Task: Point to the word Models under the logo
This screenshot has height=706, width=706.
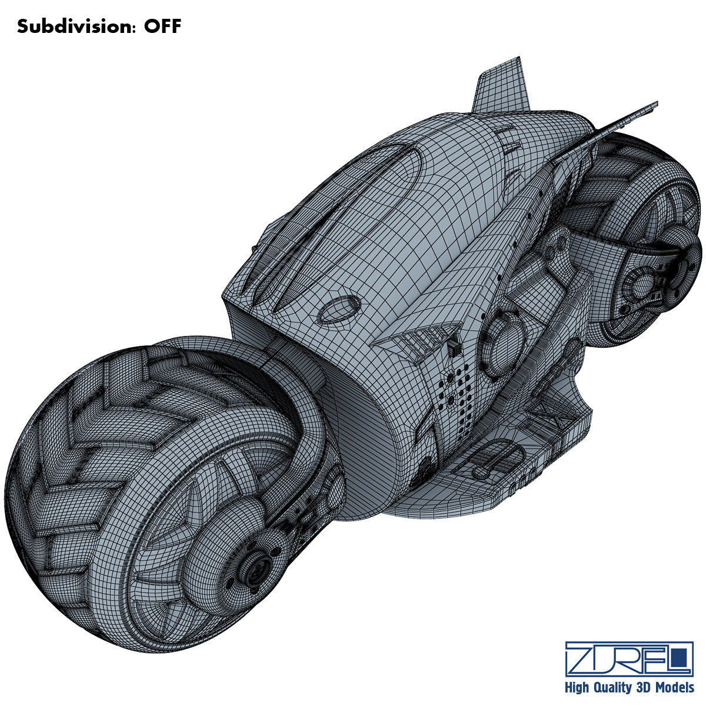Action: coord(674,687)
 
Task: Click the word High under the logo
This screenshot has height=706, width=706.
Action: coord(578,687)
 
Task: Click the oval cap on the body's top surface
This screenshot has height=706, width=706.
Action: coord(338,308)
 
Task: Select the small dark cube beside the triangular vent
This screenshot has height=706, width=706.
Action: coord(455,348)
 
